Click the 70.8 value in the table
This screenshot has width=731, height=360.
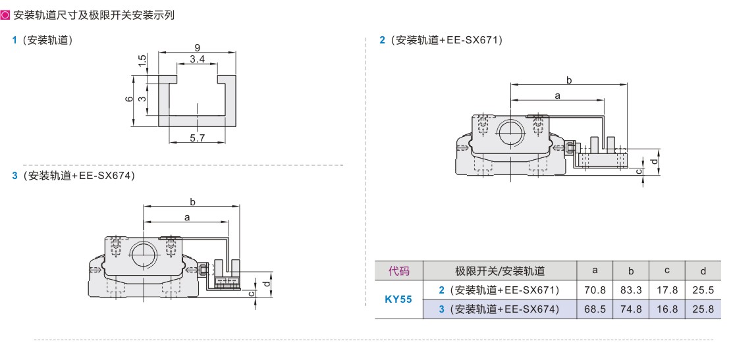[595, 290]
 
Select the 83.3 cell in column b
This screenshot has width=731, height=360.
[631, 290]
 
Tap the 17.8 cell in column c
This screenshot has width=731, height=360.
[667, 290]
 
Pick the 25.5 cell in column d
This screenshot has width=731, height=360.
[703, 290]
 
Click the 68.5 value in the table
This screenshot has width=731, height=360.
[595, 309]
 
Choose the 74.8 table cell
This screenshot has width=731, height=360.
[631, 309]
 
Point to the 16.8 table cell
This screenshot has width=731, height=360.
[667, 309]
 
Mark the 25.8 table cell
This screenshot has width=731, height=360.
[703, 309]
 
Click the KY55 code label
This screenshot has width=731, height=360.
[398, 299]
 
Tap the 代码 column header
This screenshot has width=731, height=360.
[398, 270]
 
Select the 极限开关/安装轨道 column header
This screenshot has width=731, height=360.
[500, 270]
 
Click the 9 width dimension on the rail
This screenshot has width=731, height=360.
[197, 47]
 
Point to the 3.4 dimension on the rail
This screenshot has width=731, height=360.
[197, 59]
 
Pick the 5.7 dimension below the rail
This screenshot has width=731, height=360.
[198, 138]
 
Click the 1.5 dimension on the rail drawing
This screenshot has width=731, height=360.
[142, 61]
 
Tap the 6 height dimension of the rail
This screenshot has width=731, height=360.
[130, 99]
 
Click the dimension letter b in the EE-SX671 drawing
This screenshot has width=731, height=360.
[569, 80]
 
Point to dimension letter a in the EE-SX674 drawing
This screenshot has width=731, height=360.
[187, 217]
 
